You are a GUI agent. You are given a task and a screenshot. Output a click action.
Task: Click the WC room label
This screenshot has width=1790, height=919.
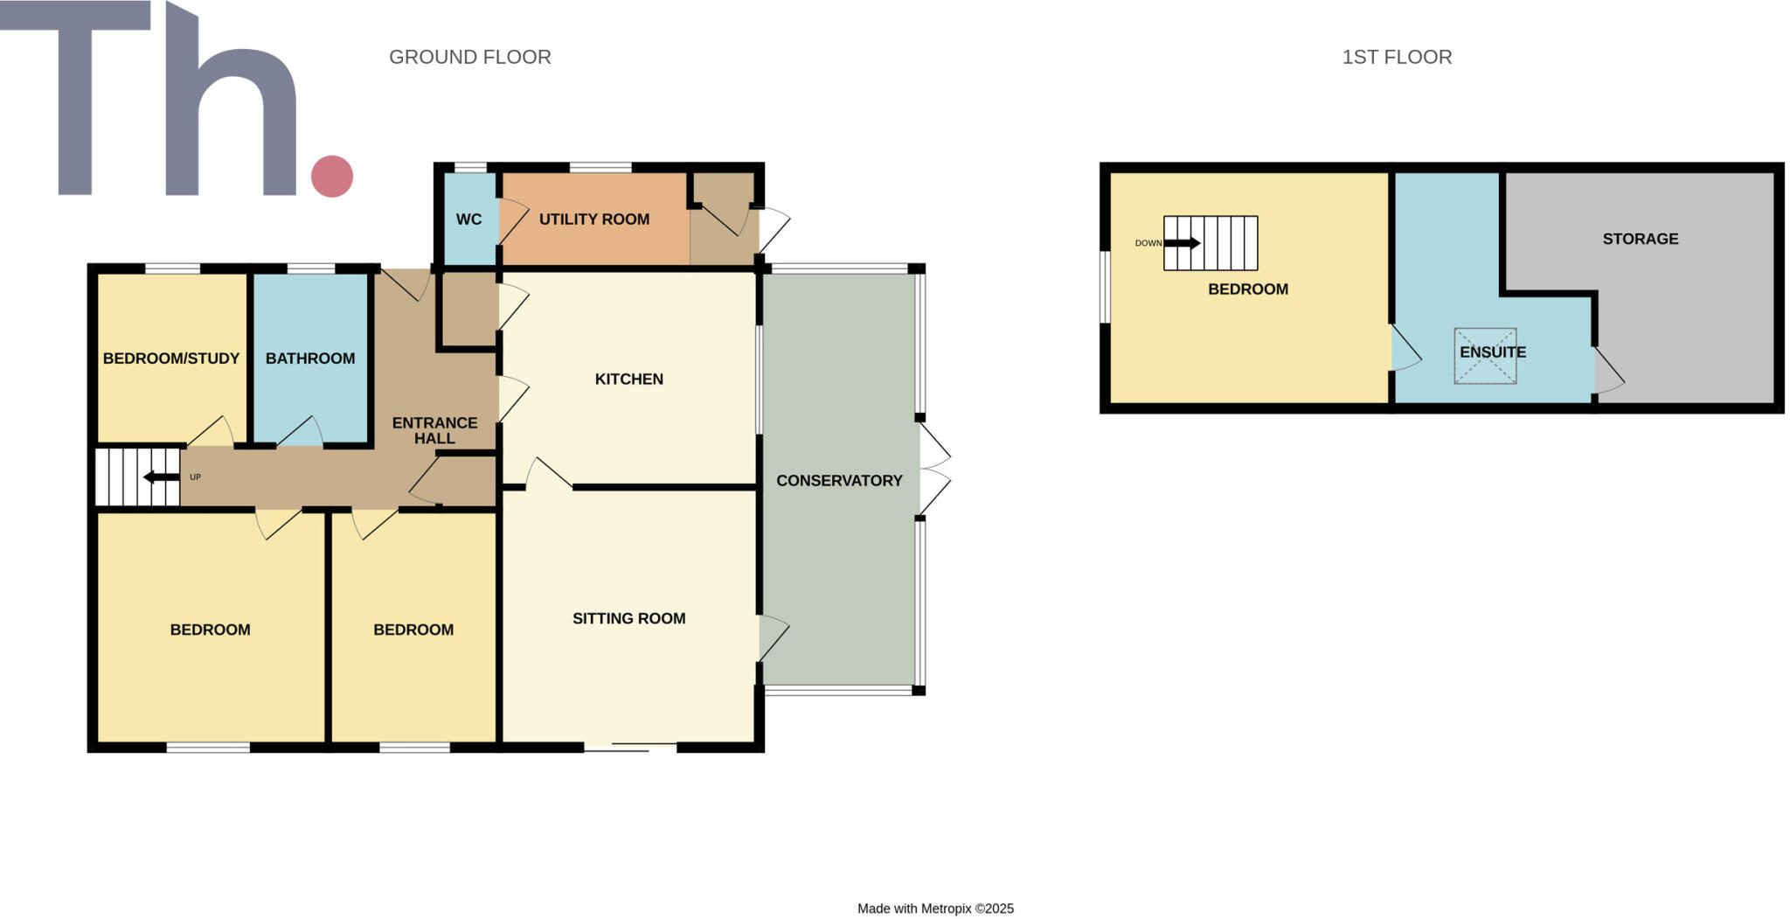pos(468,219)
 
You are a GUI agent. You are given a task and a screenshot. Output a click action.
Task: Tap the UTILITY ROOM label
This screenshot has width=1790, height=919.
pos(593,219)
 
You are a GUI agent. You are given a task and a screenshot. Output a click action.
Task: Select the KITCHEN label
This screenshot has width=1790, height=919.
pos(628,379)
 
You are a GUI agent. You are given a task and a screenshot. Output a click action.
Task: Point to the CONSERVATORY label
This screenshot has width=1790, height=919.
pos(839,480)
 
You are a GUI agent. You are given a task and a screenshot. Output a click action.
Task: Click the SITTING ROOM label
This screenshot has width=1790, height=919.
pos(628,618)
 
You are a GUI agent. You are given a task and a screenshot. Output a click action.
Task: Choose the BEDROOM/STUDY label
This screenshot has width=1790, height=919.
pos(171,359)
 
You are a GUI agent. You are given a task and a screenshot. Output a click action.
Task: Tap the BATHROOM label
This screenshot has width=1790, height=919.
pos(310,359)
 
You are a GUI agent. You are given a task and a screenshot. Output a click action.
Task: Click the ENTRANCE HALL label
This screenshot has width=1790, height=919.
pos(434,430)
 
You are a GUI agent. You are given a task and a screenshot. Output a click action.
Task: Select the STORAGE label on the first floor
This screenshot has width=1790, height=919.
pos(1640,239)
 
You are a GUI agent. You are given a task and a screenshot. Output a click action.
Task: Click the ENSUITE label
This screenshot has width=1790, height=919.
pos(1493,352)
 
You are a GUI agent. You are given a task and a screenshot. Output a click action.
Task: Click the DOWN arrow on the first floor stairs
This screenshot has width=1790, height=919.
pos(1182,243)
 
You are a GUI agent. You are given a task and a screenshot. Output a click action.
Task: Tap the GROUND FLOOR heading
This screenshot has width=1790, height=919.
pos(469,57)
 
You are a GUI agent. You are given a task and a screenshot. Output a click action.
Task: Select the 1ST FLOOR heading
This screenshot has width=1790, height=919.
pos(1397,57)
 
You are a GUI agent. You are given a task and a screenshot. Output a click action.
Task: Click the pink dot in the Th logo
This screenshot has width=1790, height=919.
pos(332,176)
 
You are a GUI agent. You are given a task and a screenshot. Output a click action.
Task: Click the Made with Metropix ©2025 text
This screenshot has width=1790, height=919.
pos(935,909)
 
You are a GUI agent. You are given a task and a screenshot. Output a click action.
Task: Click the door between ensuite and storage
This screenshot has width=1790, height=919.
pos(1608,372)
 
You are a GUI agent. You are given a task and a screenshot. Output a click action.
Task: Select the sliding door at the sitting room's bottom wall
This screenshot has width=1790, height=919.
pos(631,747)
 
